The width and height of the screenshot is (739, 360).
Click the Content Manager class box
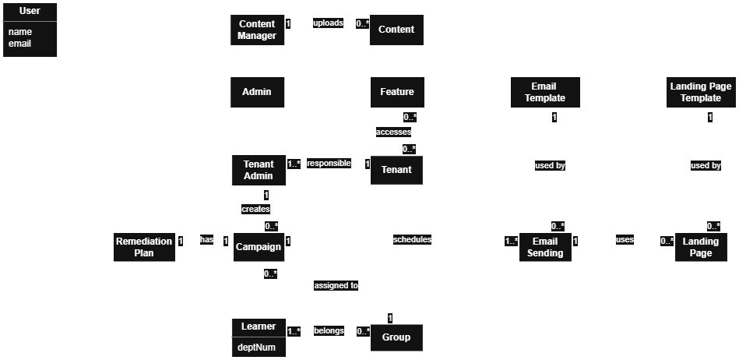pyautogui.click(x=257, y=30)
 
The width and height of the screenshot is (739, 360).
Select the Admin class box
pyautogui.click(x=257, y=92)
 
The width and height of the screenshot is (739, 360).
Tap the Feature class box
pyautogui.click(x=397, y=92)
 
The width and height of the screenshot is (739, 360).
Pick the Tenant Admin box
pyautogui.click(x=259, y=170)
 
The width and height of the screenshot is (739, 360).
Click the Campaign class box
pyautogui.click(x=259, y=247)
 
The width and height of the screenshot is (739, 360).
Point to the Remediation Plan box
pyautogui.click(x=144, y=247)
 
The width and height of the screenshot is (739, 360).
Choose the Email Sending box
pyautogui.click(x=545, y=247)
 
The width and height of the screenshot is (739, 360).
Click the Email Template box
pyautogui.click(x=544, y=92)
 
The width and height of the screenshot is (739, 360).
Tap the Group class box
pyautogui.click(x=396, y=337)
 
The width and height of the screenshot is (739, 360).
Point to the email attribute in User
pyautogui.click(x=19, y=44)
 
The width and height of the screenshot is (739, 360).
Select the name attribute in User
pyautogui.click(x=19, y=32)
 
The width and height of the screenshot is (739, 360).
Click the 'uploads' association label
pyautogui.click(x=328, y=23)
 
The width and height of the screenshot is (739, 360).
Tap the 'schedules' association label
pyautogui.click(x=412, y=239)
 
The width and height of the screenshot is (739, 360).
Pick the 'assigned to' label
pyautogui.click(x=336, y=285)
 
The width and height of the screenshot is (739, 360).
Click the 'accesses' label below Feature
pyautogui.click(x=393, y=132)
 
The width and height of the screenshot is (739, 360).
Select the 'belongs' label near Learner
pyautogui.click(x=329, y=330)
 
